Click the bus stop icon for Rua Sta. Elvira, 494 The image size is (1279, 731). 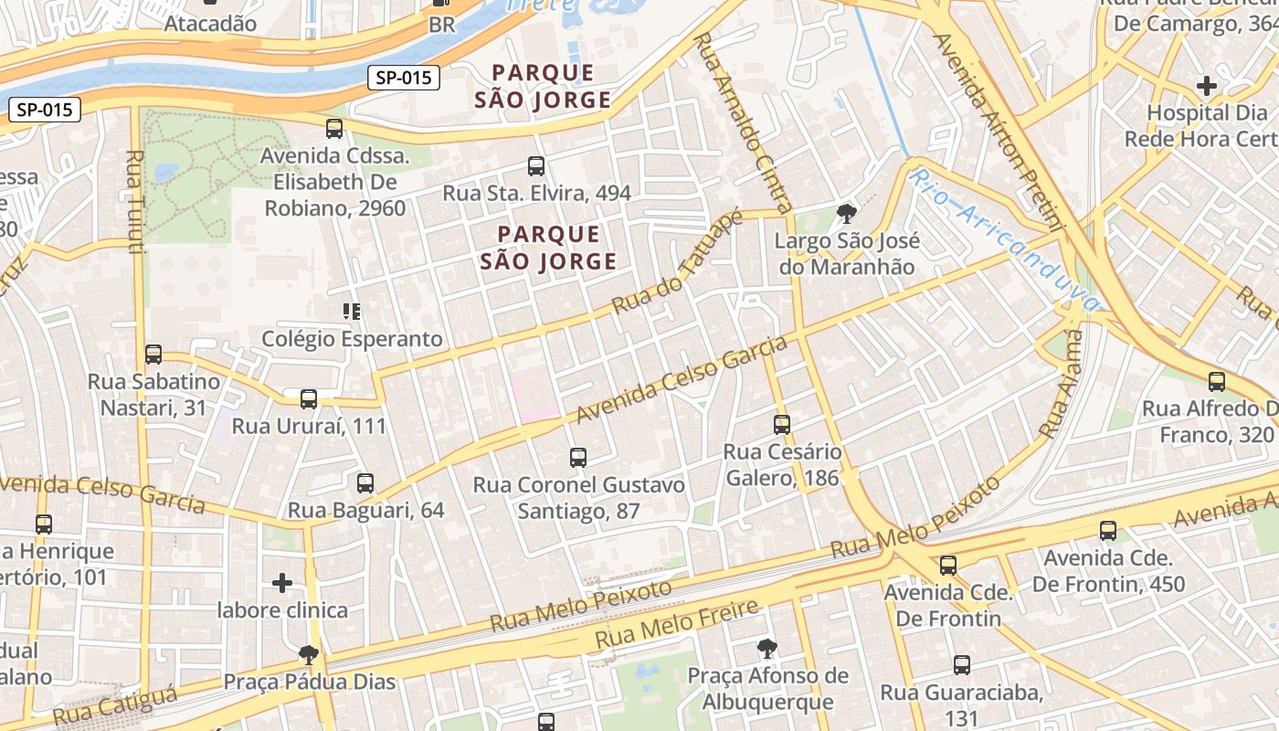click(536, 166)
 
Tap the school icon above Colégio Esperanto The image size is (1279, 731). click(352, 312)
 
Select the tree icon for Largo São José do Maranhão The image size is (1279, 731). click(846, 214)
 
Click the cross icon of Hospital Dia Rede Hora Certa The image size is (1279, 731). click(1206, 86)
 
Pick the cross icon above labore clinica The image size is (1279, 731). click(282, 582)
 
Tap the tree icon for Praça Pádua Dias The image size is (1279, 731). click(309, 654)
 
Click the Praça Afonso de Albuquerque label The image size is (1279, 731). click(767, 689)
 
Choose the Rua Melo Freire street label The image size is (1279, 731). click(677, 625)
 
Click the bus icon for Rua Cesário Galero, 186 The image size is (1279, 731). click(781, 424)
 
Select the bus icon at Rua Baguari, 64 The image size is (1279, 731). click(365, 482)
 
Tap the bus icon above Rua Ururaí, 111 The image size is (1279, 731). click(309, 398)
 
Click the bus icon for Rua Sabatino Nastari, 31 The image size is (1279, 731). click(153, 354)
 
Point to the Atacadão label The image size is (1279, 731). click(210, 24)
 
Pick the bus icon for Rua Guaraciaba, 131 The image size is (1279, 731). click(961, 665)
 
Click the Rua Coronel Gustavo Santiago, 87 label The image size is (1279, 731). click(578, 497)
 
